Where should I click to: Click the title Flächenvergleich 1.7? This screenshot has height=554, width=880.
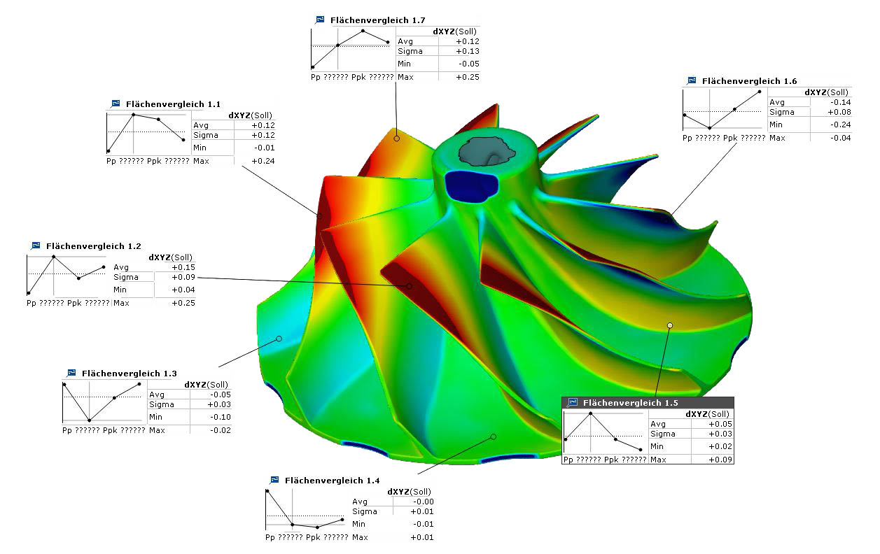[x=377, y=20]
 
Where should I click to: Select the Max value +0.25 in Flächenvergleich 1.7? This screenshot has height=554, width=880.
[x=468, y=77]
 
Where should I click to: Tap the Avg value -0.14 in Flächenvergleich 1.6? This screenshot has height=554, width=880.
[x=840, y=102]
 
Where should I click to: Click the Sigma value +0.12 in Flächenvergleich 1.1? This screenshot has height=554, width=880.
[x=263, y=135]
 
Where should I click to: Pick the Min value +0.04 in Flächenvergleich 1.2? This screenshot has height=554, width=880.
[x=183, y=290]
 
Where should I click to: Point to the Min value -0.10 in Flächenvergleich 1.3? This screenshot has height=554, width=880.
[x=221, y=417]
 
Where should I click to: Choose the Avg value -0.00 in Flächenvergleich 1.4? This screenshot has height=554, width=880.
[x=423, y=502]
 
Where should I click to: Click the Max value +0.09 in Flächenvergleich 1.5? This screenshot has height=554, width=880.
[x=720, y=460]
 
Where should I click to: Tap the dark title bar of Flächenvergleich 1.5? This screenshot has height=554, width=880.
[x=648, y=403]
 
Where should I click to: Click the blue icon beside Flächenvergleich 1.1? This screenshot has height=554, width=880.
[x=116, y=104]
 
